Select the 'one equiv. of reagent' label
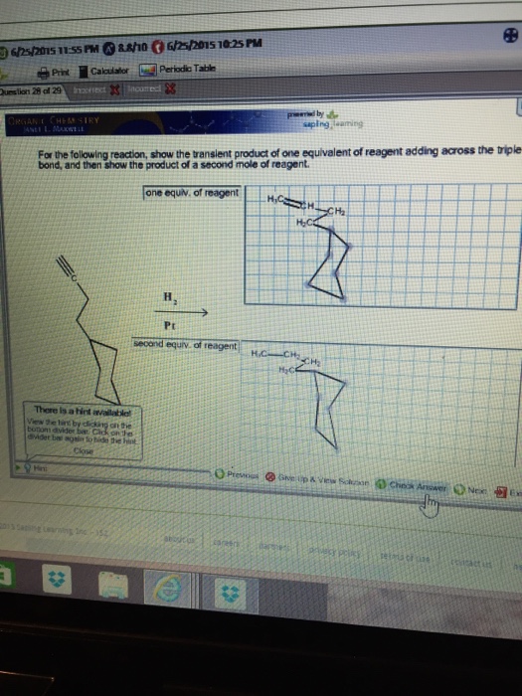tap(191, 191)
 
